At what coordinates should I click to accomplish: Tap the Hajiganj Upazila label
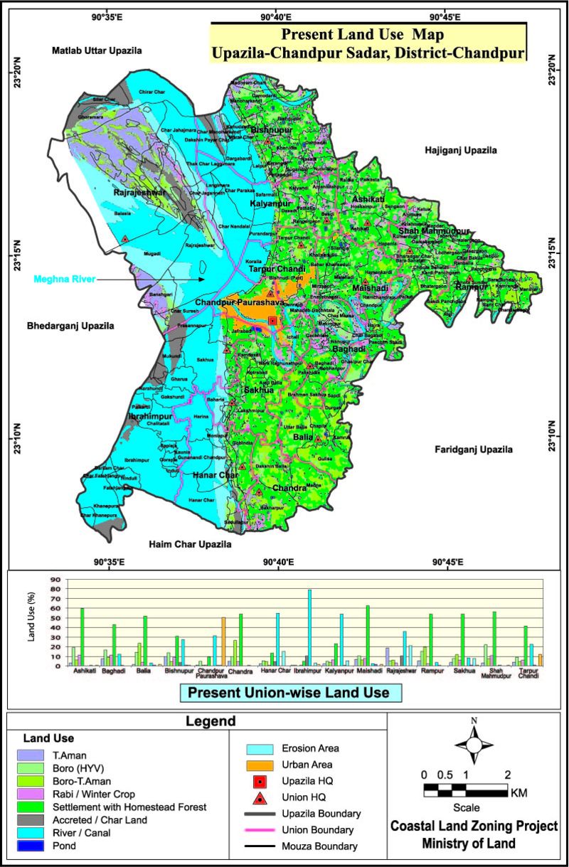pyautogui.click(x=460, y=150)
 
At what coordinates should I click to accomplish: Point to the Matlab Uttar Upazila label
pyautogui.click(x=97, y=50)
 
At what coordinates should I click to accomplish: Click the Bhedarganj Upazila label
pyautogui.click(x=70, y=326)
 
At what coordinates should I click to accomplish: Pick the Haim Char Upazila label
pyautogui.click(x=190, y=544)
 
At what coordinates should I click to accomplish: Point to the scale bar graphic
pyautogui.click(x=465, y=790)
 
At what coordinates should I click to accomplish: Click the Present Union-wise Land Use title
pyautogui.click(x=290, y=693)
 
